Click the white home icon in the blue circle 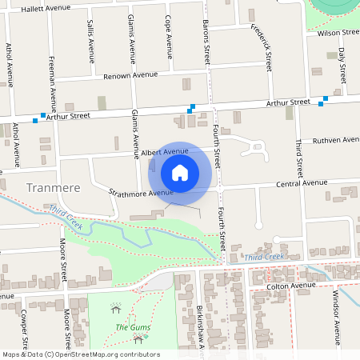tap(180, 172)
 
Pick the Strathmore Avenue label tap(142, 193)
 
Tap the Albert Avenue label tap(165, 150)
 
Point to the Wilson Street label tap(338, 33)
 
